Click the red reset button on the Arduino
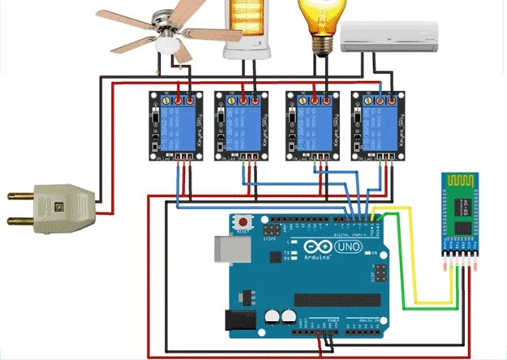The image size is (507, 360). point(243,221)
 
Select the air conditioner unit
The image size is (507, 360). point(389,36)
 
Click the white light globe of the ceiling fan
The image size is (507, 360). point(168,44)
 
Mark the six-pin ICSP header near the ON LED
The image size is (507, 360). point(380,273)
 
